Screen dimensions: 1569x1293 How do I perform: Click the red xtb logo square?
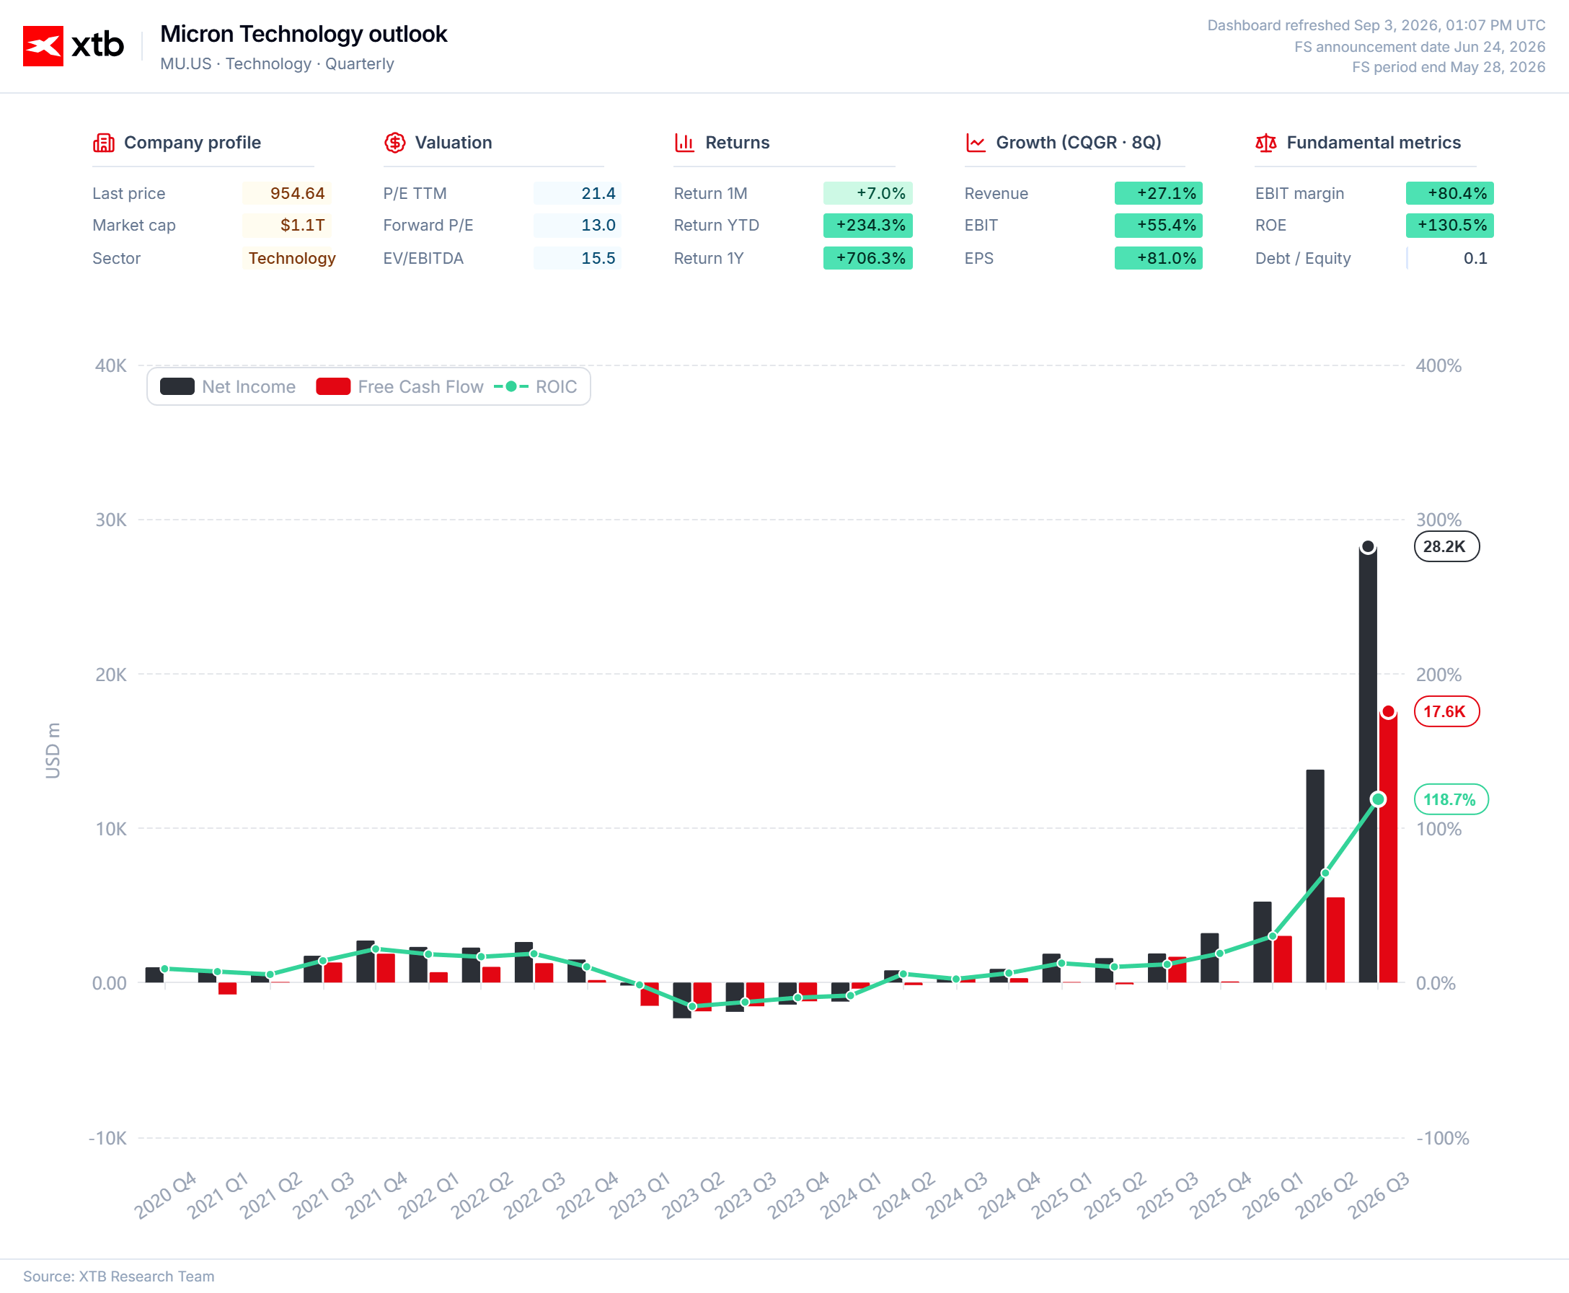click(x=43, y=46)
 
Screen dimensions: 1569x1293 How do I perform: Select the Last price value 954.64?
click(x=297, y=194)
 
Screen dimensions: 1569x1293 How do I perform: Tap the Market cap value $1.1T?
click(x=302, y=225)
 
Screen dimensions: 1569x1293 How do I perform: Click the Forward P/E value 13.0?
click(x=598, y=225)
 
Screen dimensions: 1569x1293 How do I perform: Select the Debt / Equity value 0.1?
click(x=1475, y=258)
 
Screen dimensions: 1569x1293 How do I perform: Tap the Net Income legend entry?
click(x=228, y=386)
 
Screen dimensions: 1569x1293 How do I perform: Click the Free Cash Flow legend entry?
click(x=400, y=386)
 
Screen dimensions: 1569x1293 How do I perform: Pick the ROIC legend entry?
click(x=536, y=386)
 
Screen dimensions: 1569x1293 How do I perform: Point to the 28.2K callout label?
click(x=1447, y=547)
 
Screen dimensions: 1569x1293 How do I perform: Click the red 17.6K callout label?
click(x=1447, y=711)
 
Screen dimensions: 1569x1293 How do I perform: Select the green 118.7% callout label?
click(x=1451, y=799)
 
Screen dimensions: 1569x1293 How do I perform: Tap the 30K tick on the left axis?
click(x=111, y=520)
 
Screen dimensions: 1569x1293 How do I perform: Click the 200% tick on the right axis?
click(x=1438, y=674)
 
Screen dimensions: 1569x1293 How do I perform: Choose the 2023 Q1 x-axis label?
click(x=640, y=1195)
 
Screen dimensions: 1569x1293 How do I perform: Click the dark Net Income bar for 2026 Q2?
click(x=1315, y=876)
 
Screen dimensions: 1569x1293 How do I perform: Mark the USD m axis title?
click(x=52, y=751)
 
